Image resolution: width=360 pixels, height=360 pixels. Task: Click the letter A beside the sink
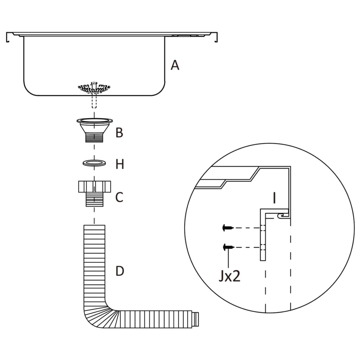[x=175, y=65]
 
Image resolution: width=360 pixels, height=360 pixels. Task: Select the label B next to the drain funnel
[x=120, y=133]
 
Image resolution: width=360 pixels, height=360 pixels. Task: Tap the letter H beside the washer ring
[x=120, y=164]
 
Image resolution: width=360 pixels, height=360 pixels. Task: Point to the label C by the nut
[x=120, y=197]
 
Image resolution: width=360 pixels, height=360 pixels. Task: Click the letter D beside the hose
[x=120, y=271]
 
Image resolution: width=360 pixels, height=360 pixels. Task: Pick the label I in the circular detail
[x=274, y=198]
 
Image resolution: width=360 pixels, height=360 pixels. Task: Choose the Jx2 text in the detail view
[x=229, y=276]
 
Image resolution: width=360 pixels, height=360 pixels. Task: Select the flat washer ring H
[x=94, y=163]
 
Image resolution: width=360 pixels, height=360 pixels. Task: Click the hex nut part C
[x=94, y=186]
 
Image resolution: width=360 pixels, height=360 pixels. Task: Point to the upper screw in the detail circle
[x=228, y=228]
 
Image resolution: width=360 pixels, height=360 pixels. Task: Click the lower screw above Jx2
[x=228, y=247]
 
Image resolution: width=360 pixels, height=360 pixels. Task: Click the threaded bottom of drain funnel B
[x=94, y=137]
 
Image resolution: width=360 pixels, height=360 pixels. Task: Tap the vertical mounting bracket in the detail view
[x=263, y=239]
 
